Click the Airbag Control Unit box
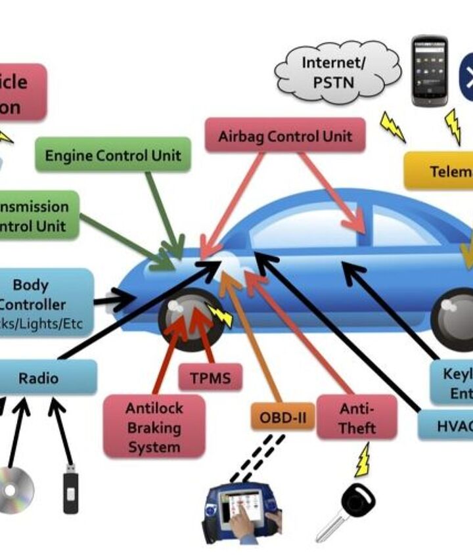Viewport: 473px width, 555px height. click(285, 136)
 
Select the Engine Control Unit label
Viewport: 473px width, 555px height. click(113, 156)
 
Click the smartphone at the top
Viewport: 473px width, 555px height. click(429, 71)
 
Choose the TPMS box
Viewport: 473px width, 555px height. click(210, 378)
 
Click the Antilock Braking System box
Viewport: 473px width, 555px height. click(154, 427)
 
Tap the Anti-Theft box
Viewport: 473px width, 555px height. click(357, 418)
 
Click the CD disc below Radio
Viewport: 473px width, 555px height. click(14, 489)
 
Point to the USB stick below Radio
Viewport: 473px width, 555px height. click(70, 489)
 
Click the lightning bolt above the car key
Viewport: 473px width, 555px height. click(362, 460)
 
